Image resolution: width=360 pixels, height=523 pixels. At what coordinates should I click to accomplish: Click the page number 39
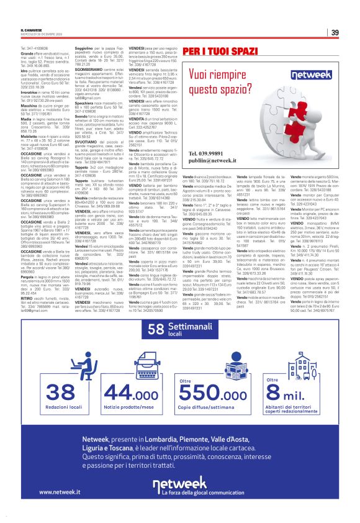(335, 32)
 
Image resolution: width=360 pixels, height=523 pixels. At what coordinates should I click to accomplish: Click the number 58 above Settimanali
(158, 329)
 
